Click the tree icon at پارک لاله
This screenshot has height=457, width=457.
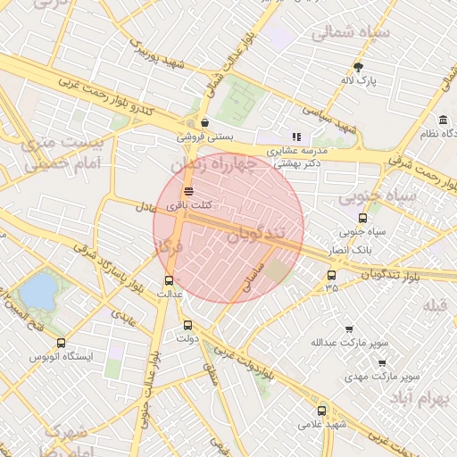point(359,67)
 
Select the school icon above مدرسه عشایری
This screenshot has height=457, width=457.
point(297,137)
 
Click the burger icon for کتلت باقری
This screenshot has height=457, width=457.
point(188,191)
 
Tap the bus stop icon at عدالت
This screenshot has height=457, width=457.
point(170,279)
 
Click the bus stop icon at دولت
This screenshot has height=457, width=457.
point(187,325)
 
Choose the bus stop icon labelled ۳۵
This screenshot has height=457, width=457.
point(332,274)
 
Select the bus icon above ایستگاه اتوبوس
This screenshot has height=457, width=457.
point(61,343)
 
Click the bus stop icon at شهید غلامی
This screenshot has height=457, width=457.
point(321,411)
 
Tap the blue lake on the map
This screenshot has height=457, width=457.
point(37,290)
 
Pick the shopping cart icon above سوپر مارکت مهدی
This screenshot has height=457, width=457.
point(382,362)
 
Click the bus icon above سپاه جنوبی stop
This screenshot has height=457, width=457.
point(362,218)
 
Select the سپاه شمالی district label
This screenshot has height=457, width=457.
point(346,33)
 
